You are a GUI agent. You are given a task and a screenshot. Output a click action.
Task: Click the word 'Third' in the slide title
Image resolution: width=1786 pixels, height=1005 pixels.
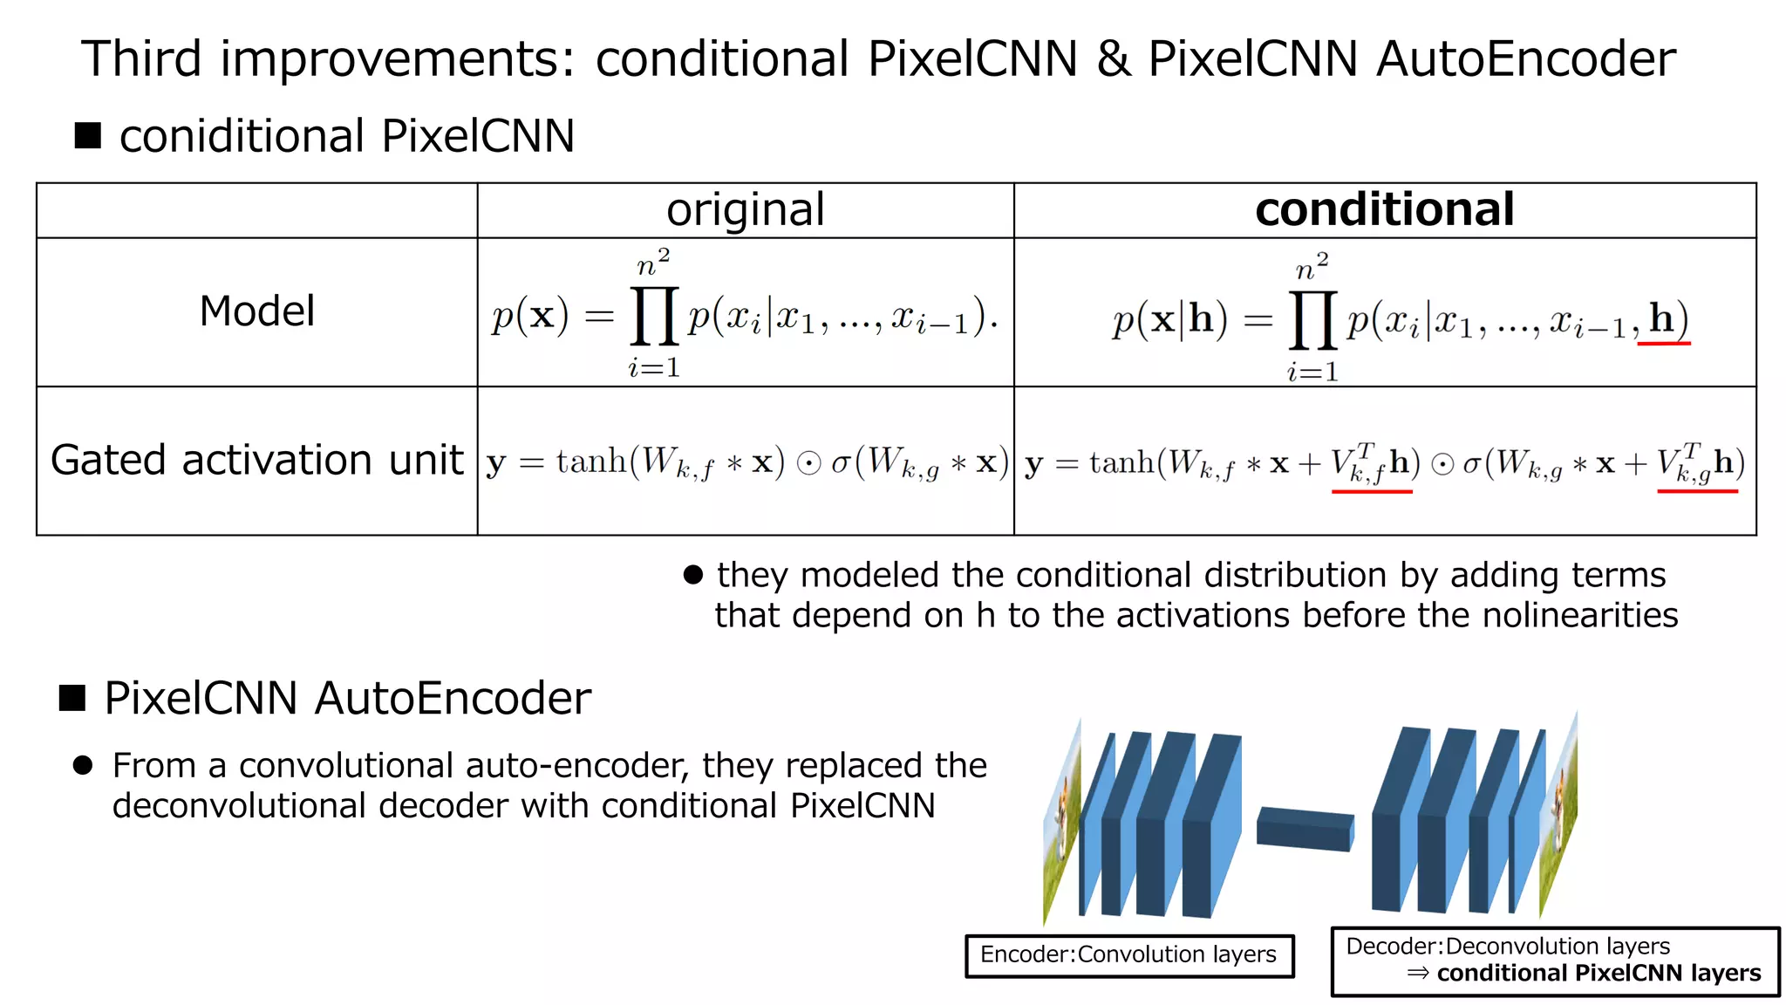pyautogui.click(x=141, y=58)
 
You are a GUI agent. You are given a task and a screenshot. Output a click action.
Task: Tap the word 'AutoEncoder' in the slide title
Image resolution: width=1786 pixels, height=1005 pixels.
pyautogui.click(x=1525, y=58)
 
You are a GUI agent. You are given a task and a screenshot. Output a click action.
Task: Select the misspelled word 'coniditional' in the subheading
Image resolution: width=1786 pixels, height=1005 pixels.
pyautogui.click(x=242, y=136)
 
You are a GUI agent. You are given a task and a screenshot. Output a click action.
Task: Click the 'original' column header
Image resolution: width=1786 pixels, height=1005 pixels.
pyautogui.click(x=746, y=209)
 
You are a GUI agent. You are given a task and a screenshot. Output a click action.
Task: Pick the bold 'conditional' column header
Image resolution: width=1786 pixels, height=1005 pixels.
pyautogui.click(x=1384, y=209)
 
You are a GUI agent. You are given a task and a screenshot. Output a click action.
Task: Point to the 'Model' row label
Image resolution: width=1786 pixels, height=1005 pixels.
pyautogui.click(x=256, y=311)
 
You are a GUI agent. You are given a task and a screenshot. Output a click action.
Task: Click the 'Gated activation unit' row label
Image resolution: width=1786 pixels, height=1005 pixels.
pyautogui.click(x=256, y=460)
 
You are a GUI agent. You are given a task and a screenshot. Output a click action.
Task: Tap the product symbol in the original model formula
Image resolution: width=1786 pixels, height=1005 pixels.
pyautogui.click(x=654, y=316)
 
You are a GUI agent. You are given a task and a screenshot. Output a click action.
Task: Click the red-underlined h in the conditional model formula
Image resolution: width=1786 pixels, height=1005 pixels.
pyautogui.click(x=1662, y=319)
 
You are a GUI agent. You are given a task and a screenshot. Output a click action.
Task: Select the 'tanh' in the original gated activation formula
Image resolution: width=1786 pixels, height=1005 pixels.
pyautogui.click(x=591, y=461)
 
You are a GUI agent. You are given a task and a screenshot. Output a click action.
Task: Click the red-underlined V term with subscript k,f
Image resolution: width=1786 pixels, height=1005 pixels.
pyautogui.click(x=1369, y=463)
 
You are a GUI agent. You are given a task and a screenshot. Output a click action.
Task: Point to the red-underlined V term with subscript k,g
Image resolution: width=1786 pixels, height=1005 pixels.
pyautogui.click(x=1695, y=463)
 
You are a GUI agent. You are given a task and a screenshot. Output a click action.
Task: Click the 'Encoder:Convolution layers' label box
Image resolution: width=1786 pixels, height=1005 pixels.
pyautogui.click(x=1128, y=954)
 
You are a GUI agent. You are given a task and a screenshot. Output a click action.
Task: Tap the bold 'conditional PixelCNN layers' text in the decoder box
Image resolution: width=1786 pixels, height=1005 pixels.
pyautogui.click(x=1598, y=973)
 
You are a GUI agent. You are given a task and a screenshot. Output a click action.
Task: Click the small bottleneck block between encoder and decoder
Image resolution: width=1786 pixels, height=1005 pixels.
pyautogui.click(x=1305, y=828)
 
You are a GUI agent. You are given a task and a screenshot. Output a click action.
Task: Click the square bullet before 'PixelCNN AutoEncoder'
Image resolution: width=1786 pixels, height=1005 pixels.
pyautogui.click(x=72, y=698)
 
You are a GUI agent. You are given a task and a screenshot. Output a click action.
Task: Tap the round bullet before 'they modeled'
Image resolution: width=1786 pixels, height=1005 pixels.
pyautogui.click(x=693, y=575)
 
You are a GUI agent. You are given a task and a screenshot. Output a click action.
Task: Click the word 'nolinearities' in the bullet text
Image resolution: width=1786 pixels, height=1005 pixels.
pyautogui.click(x=1579, y=615)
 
